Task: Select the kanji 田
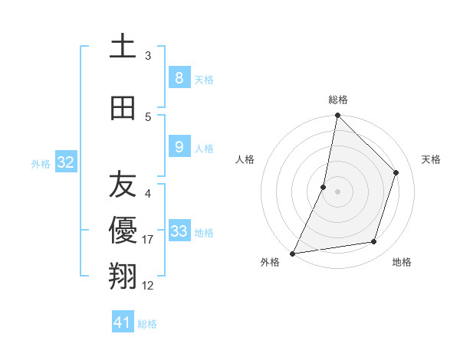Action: tap(123, 108)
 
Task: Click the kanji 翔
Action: tap(123, 277)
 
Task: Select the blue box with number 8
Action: tap(179, 77)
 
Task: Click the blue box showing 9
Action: tap(179, 147)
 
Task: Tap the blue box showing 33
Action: tap(179, 231)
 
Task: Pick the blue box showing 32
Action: tap(65, 162)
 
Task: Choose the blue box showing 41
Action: tap(123, 322)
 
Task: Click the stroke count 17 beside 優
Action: tap(148, 241)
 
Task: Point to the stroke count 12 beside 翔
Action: tap(148, 286)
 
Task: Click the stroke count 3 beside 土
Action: tap(148, 56)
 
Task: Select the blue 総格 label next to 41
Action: tap(147, 324)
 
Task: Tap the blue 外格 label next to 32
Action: tap(41, 164)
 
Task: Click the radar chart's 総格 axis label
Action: tap(338, 100)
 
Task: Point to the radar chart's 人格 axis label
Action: tap(245, 159)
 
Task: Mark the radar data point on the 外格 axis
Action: tap(292, 253)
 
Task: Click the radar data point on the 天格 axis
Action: tap(396, 172)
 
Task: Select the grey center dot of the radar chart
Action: tap(338, 191)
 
